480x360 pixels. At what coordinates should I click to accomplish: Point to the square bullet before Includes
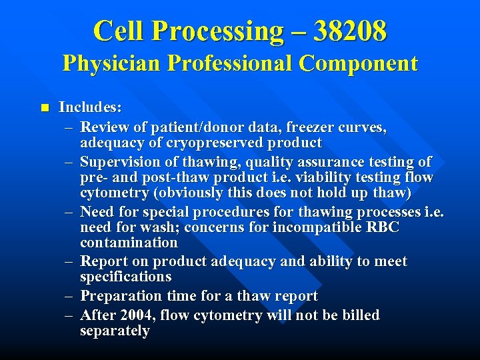(45, 107)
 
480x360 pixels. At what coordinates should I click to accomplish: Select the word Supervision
(119, 162)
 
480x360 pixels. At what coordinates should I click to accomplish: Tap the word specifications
(125, 277)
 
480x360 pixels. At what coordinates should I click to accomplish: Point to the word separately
(115, 331)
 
